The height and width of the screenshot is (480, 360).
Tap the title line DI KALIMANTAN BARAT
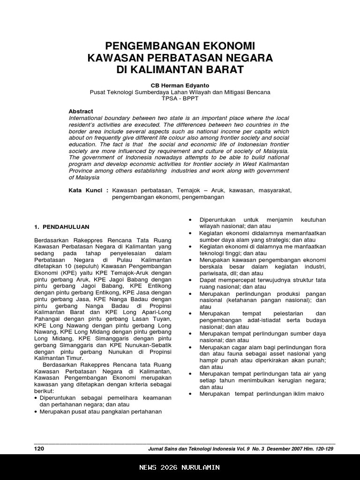pyautogui.click(x=180, y=70)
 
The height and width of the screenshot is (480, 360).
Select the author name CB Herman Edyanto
pyautogui.click(x=180, y=86)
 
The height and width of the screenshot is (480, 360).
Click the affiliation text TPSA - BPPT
pyautogui.click(x=180, y=98)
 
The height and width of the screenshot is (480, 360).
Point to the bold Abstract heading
pyautogui.click(x=81, y=111)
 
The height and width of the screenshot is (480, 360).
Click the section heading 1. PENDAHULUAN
pyautogui.click(x=61, y=227)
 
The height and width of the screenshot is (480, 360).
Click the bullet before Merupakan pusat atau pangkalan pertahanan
pyautogui.click(x=36, y=412)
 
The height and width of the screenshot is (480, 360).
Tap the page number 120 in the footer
pyautogui.click(x=39, y=449)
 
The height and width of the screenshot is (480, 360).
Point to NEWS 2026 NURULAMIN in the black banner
pyautogui.click(x=180, y=467)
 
